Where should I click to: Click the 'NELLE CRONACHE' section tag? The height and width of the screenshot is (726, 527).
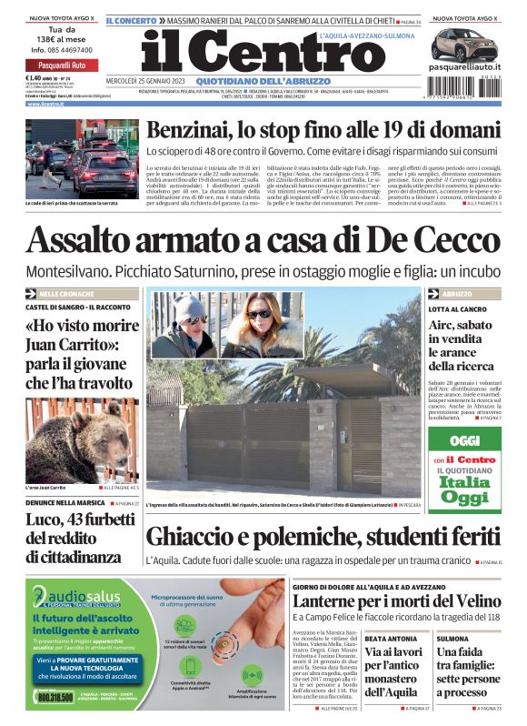pos(67,294)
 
